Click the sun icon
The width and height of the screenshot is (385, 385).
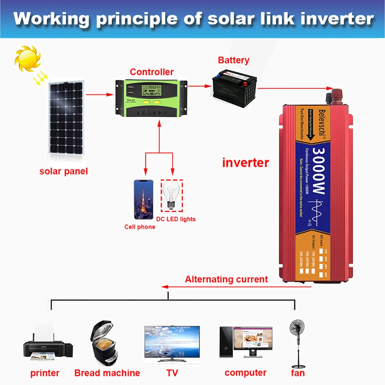pos(27,60)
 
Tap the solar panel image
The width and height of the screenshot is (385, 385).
pos(66,122)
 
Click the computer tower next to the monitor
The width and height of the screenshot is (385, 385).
pos(226,342)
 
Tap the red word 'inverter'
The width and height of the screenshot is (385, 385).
pos(245,163)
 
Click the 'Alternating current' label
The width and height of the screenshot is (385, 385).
pos(226,279)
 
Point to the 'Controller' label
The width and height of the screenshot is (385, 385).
pos(152,72)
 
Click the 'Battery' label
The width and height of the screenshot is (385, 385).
pos(233,60)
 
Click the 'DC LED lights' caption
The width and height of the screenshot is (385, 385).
pos(176,219)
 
